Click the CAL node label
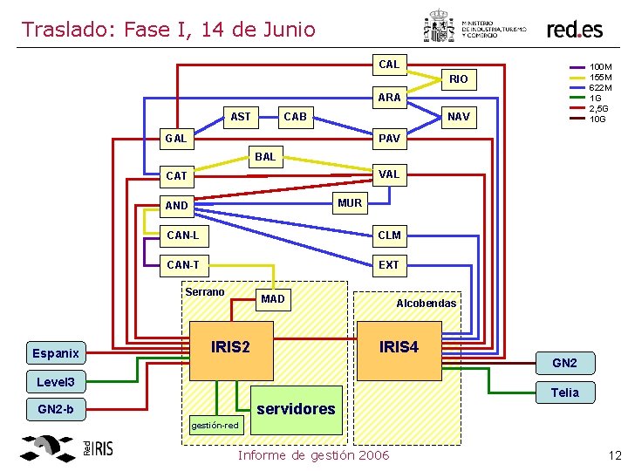389,65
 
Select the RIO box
459,79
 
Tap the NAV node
458,117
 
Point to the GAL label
176,138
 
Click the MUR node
350,203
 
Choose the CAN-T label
182,264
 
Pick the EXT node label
389,264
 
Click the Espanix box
56,353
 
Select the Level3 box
56,382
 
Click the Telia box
564,392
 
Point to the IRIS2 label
230,347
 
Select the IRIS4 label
399,347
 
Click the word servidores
296,408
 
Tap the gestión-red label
214,425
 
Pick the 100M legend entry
601,66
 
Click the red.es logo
574,29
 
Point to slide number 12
614,454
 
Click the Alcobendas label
426,304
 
